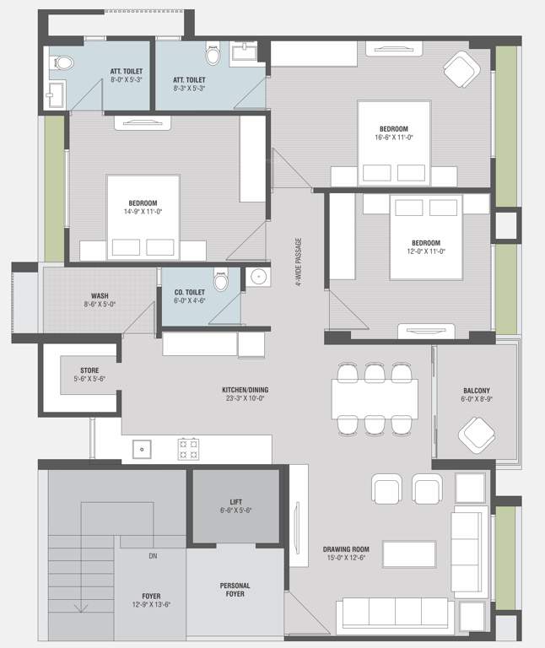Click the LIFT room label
pos(235,505)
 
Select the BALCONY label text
pos(477,391)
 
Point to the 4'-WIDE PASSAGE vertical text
pos(299,262)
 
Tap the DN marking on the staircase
pos(153,556)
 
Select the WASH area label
pos(100,296)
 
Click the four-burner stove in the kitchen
pos(187,448)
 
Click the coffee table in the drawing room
pos(408,553)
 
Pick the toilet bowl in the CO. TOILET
pos(221,279)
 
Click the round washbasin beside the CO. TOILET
pos(256,278)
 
